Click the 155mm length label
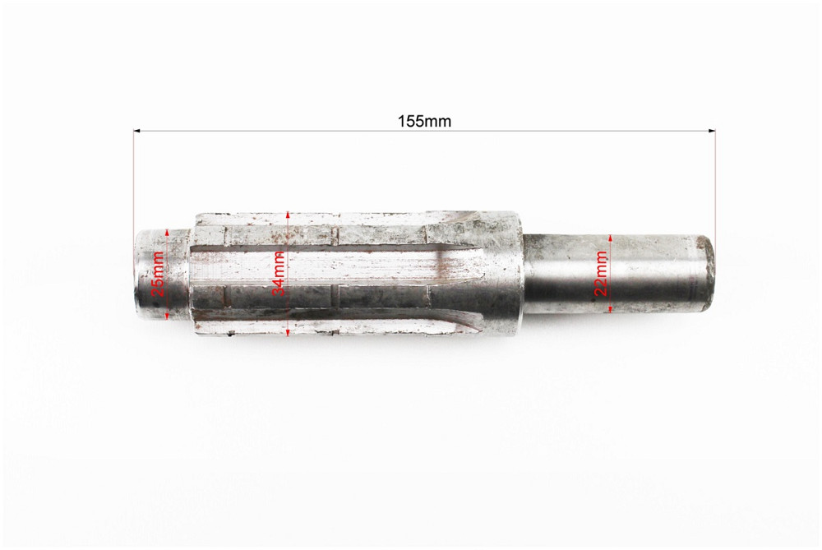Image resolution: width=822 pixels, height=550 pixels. point(424,121)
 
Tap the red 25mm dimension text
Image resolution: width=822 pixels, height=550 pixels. point(159,275)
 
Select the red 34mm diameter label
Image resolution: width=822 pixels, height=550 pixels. point(279,273)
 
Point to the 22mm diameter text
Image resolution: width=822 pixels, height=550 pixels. point(601,273)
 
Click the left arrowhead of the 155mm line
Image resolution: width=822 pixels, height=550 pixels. point(137,130)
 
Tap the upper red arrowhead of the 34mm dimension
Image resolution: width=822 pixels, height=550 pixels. point(288,213)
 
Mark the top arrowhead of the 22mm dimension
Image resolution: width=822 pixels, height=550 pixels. point(610,237)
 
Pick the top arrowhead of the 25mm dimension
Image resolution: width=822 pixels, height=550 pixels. point(167,233)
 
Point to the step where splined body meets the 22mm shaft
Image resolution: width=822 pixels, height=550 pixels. point(522,271)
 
